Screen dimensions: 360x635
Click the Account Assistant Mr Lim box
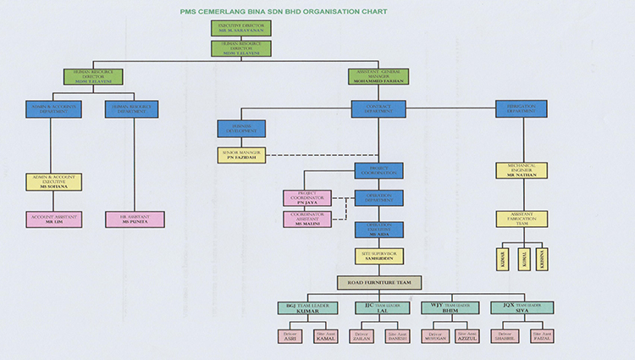click(54, 219)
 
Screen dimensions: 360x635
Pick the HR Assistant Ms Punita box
click(135, 219)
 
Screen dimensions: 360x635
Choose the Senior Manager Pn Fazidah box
click(240, 155)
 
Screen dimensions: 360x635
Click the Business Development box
click(240, 129)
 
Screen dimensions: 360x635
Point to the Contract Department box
click(379, 109)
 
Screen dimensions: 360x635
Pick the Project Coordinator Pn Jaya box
click(306, 198)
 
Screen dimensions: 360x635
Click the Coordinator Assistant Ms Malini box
click(306, 219)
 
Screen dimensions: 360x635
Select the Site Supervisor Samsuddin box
click(379, 255)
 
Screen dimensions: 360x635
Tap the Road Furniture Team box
click(379, 283)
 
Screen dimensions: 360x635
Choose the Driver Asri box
click(290, 337)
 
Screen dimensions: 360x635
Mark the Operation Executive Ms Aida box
click(379, 230)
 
